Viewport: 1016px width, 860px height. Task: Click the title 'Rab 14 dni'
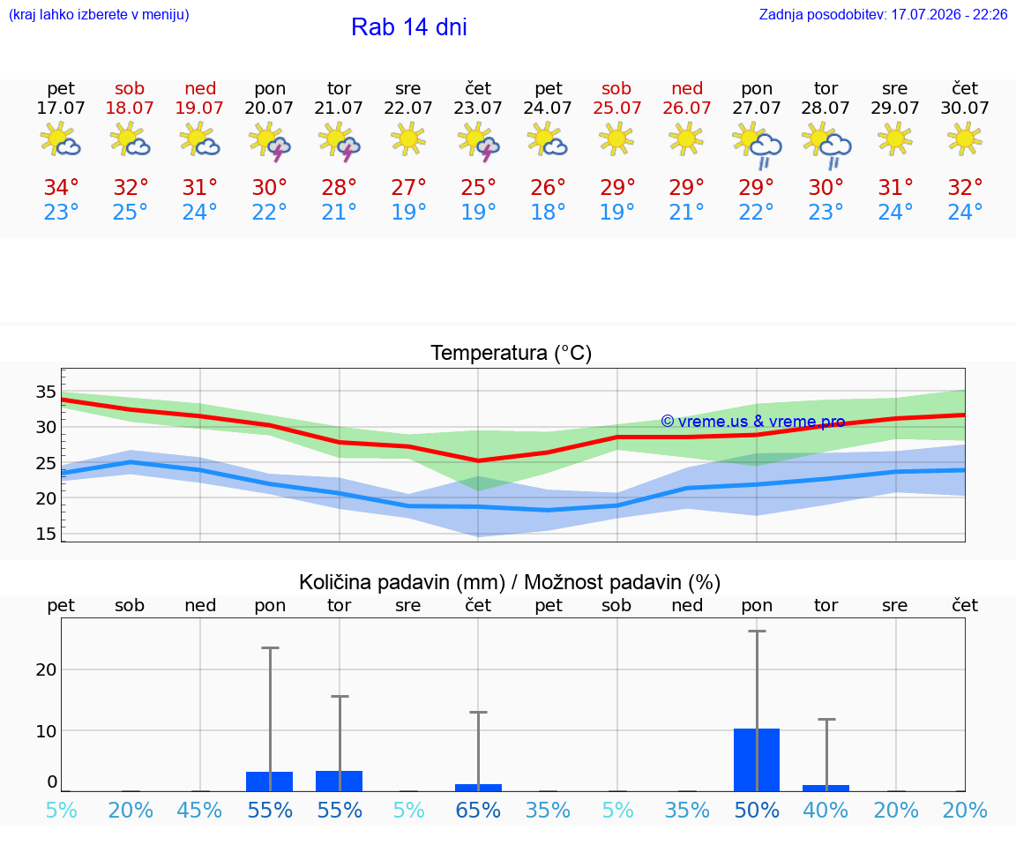point(409,26)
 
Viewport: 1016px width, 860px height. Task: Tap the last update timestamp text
point(883,14)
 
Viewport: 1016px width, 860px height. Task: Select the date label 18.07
point(130,108)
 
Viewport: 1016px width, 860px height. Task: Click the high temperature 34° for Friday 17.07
point(61,187)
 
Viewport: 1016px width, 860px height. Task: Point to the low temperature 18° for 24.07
point(549,212)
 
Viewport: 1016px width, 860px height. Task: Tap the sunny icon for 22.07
point(408,138)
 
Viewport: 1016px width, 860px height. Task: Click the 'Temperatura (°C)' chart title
point(512,353)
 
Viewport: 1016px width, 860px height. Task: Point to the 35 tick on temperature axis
point(46,392)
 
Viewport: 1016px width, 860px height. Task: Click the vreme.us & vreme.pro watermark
point(753,422)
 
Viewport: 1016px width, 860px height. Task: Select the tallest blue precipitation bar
point(757,759)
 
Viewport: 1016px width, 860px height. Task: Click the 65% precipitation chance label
point(478,810)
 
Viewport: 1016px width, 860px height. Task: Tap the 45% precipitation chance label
point(199,810)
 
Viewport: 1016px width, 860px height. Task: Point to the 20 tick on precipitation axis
point(46,669)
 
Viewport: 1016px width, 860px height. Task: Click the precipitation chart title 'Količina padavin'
point(402,582)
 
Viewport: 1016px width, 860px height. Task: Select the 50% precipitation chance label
point(757,810)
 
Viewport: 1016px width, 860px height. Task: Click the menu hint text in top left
point(99,14)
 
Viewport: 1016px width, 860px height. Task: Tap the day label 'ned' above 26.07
point(687,88)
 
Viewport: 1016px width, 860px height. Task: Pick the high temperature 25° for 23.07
point(478,187)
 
